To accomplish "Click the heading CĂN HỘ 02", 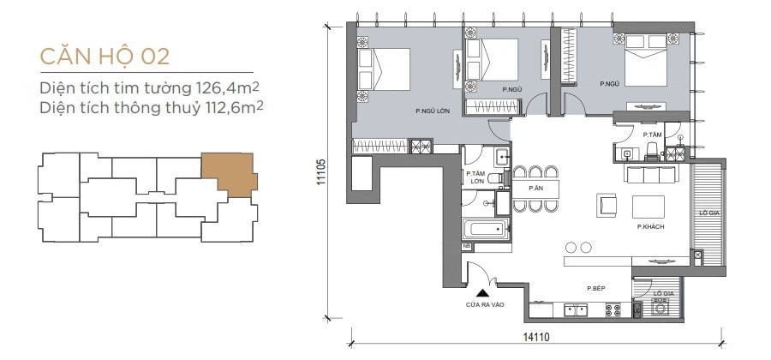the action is [x=105, y=56].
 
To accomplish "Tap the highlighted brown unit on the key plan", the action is [x=229, y=174].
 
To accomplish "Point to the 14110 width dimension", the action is [x=536, y=337].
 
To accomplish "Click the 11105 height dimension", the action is [x=321, y=171].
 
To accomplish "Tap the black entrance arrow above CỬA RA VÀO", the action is [x=484, y=293].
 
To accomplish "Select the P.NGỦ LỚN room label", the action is [x=433, y=111].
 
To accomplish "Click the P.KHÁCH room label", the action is [x=650, y=227].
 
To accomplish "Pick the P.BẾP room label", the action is [x=595, y=289].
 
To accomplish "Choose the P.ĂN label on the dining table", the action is [x=535, y=188].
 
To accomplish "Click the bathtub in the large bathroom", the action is [x=486, y=230].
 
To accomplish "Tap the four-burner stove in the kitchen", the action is [x=613, y=309].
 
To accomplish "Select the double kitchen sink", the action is [x=576, y=310].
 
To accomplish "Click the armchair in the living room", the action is [x=607, y=205].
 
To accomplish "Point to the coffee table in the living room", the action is [x=648, y=207].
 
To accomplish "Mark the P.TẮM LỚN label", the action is [x=475, y=177].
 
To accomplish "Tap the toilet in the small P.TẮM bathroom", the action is [x=652, y=152].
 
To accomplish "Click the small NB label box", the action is [x=466, y=247].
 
